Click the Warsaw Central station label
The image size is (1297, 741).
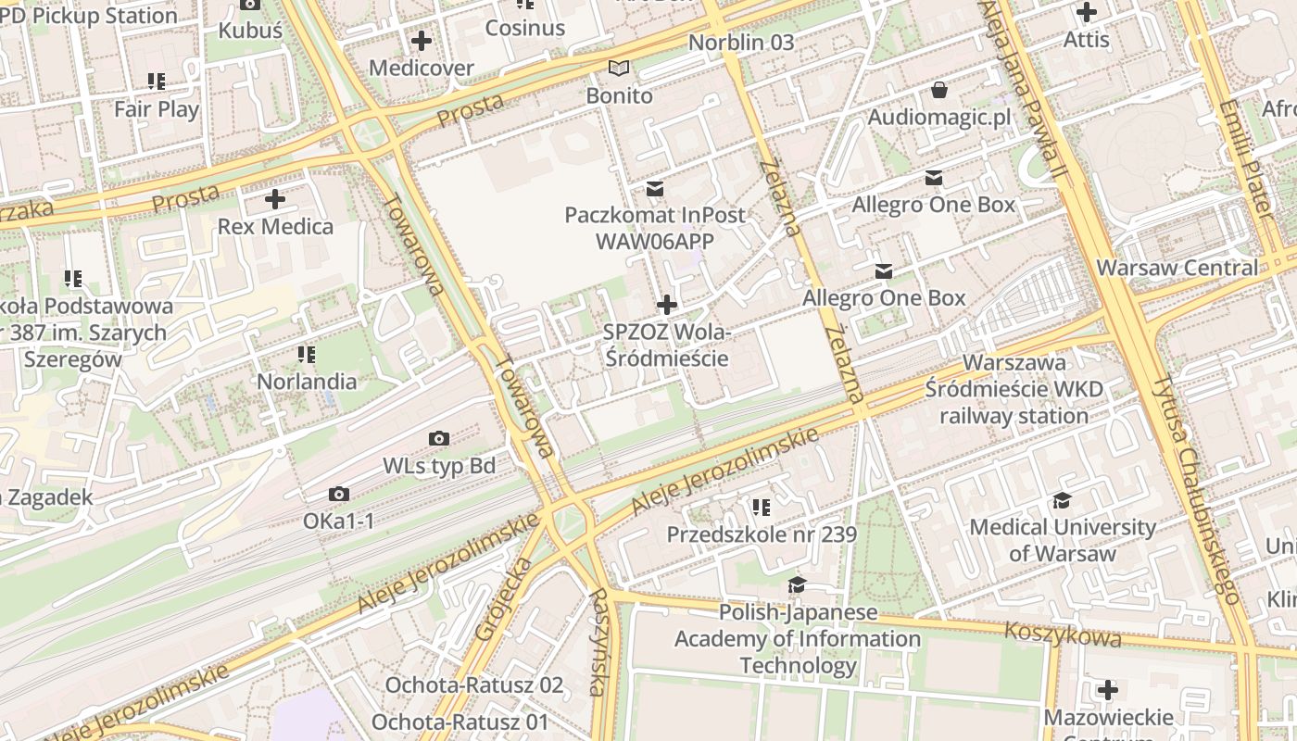[1177, 269]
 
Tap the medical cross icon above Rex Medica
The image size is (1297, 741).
[275, 198]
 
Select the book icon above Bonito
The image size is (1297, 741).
[619, 68]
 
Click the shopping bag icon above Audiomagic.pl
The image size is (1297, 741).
[939, 90]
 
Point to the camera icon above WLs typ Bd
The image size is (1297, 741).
[439, 438]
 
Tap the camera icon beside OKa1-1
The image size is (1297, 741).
[339, 495]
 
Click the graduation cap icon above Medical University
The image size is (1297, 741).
[1062, 501]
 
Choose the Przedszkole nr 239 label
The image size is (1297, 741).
[762, 534]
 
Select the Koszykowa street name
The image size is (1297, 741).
[1063, 634]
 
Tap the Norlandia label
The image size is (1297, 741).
[307, 382]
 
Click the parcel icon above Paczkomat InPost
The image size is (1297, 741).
[655, 189]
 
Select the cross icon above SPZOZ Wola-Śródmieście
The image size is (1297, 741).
[666, 305]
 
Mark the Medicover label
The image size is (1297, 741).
[422, 68]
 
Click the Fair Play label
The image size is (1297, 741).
[157, 109]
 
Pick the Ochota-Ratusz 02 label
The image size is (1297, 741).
[474, 685]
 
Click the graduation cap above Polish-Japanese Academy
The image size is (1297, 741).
[797, 585]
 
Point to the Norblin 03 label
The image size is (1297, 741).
[741, 43]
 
